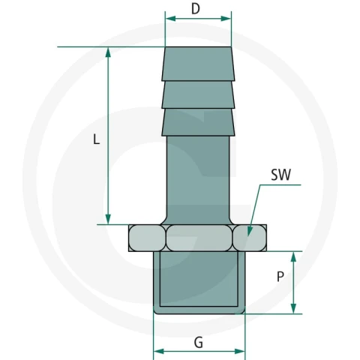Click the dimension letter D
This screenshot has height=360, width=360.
tap(196, 9)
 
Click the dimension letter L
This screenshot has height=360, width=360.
tap(97, 139)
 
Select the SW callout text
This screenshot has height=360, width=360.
tap(281, 175)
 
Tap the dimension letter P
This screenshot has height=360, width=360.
tap(280, 277)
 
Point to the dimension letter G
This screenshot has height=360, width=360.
tap(199, 343)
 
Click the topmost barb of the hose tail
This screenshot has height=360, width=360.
tap(198, 64)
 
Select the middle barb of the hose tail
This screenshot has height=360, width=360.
tap(198, 94)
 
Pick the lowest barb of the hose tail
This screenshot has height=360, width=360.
tap(198, 122)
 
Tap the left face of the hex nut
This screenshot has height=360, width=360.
tap(147, 238)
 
